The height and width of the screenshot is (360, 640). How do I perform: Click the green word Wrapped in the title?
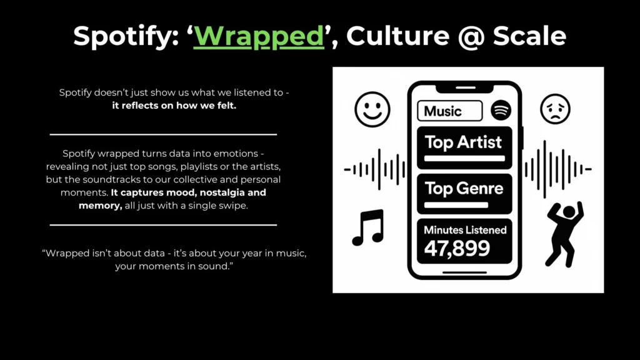pyautogui.click(x=259, y=37)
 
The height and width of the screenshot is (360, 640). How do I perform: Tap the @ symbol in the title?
pyautogui.click(x=471, y=37)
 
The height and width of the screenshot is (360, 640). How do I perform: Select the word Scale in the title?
pyautogui.click(x=529, y=36)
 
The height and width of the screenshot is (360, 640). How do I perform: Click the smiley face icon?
pyautogui.click(x=372, y=109)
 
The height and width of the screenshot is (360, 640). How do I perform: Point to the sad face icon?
pyautogui.click(x=555, y=109)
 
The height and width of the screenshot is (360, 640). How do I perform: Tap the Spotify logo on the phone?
pyautogui.click(x=501, y=110)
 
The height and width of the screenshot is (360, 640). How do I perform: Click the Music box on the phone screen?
pyautogui.click(x=450, y=111)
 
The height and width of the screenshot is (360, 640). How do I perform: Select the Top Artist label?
pyautogui.click(x=463, y=142)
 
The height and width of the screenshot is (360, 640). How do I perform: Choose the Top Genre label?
pyautogui.click(x=464, y=189)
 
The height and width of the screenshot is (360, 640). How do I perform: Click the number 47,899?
pyautogui.click(x=457, y=248)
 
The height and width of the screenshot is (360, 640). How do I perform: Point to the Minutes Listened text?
pyautogui.click(x=465, y=230)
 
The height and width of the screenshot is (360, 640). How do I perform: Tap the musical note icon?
pyautogui.click(x=368, y=227)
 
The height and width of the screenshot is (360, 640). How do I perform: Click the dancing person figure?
pyautogui.click(x=564, y=234)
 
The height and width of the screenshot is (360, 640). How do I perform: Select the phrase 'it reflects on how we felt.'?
pyautogui.click(x=174, y=105)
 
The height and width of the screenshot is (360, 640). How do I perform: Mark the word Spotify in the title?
pyautogui.click(x=126, y=37)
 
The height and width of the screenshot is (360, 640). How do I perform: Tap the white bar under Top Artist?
pyautogui.click(x=464, y=158)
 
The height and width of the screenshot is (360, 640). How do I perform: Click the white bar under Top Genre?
pyautogui.click(x=456, y=205)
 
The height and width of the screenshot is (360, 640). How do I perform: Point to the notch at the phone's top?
pyautogui.click(x=466, y=87)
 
